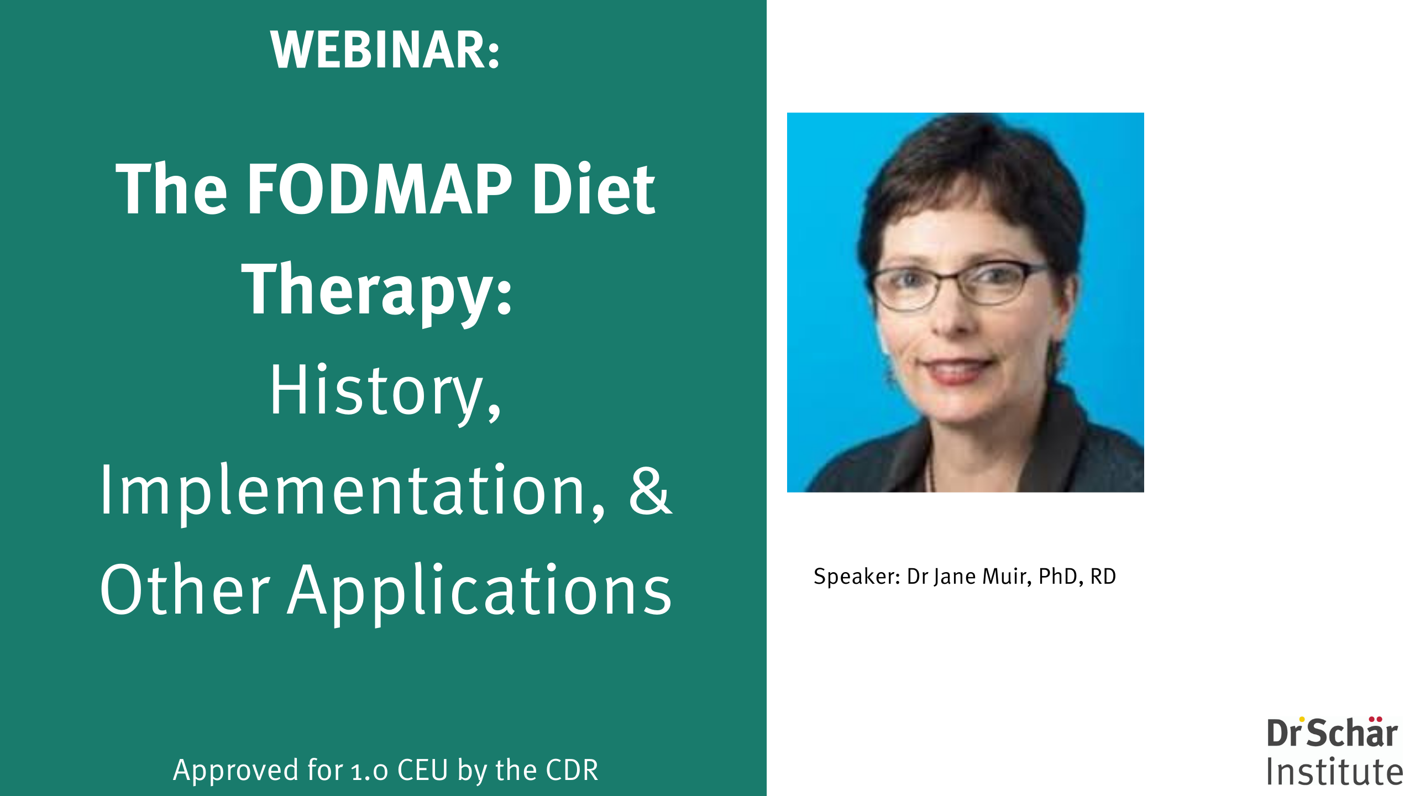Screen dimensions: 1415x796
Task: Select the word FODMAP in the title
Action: (x=380, y=189)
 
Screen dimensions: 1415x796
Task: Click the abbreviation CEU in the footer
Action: (x=423, y=770)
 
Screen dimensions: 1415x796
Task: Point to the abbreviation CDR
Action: (x=572, y=770)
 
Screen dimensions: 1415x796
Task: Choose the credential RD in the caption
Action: (x=1103, y=577)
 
